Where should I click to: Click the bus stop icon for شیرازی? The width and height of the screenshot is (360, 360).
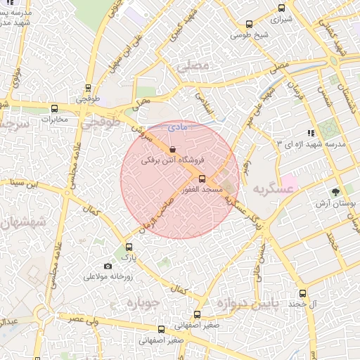pyautogui.click(x=282, y=8)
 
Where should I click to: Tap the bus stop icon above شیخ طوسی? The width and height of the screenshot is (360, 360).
pyautogui.click(x=248, y=24)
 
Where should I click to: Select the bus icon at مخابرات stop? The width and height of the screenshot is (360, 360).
pyautogui.click(x=55, y=108)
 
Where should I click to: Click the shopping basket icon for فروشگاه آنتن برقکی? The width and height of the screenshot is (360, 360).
pyautogui.click(x=173, y=149)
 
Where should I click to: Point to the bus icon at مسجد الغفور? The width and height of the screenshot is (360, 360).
pyautogui.click(x=202, y=179)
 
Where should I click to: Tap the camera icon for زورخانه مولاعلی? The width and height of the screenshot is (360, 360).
pyautogui.click(x=108, y=266)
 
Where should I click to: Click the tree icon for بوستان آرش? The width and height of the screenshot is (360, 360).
pyautogui.click(x=335, y=192)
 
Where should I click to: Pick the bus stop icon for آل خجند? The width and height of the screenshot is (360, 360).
pyautogui.click(x=303, y=293)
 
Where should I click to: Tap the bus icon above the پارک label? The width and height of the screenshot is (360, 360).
pyautogui.click(x=128, y=247)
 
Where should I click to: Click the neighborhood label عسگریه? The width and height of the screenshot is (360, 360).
pyautogui.click(x=272, y=190)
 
